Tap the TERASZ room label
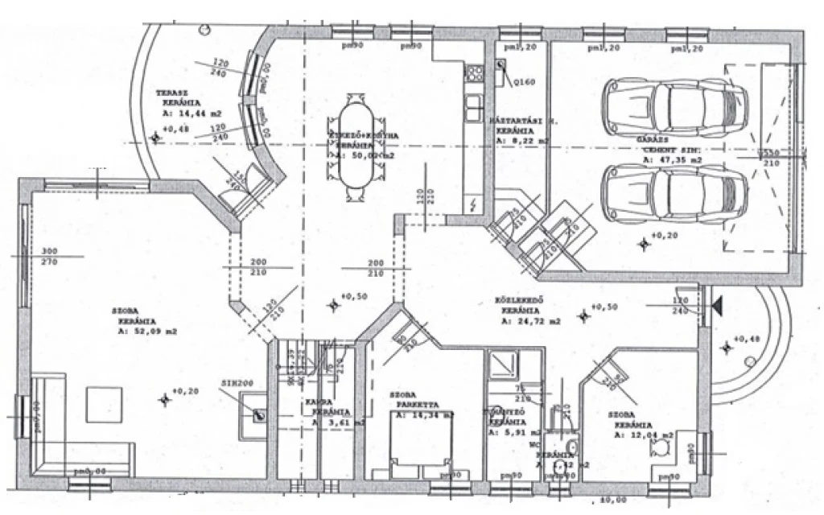tap(172, 93)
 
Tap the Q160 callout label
tap(524, 80)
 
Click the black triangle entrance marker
tap(716, 305)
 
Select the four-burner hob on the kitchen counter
tap(475, 72)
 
